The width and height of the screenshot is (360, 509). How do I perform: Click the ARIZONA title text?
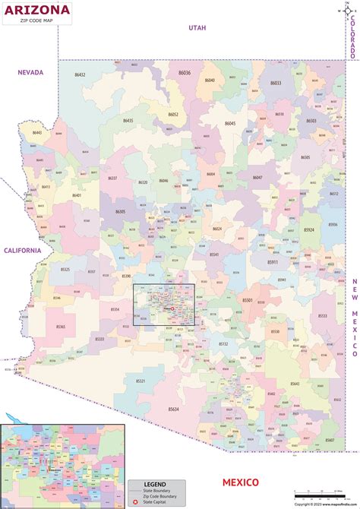[x=36, y=11]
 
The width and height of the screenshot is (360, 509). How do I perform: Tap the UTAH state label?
[x=197, y=27]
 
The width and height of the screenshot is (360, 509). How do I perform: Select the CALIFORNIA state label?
[x=24, y=250]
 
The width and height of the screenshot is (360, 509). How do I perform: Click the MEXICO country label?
[x=240, y=482]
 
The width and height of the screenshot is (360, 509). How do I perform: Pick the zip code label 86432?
[x=80, y=74]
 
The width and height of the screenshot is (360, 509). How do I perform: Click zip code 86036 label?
[x=185, y=72]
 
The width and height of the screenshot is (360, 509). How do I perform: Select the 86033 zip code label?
[x=275, y=83]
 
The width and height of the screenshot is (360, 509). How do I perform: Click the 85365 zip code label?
[x=61, y=327]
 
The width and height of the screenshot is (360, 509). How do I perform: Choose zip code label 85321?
[x=141, y=381]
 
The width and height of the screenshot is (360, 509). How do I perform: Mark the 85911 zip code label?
[x=272, y=262]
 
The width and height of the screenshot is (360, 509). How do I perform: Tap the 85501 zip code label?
[x=248, y=300]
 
